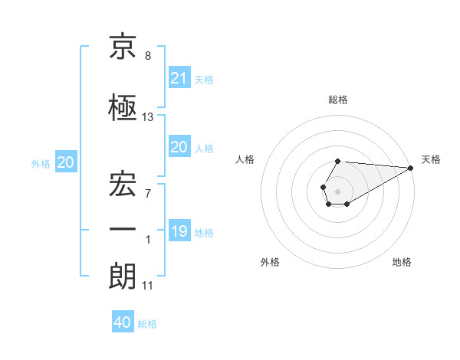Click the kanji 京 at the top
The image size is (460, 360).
coord(123,46)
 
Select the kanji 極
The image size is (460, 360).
coord(123,107)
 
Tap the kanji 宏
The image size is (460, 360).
coord(123,184)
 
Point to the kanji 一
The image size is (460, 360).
coord(123,229)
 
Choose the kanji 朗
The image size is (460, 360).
coord(123,277)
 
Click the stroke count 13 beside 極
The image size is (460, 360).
coord(147,117)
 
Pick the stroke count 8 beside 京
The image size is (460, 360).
coord(148,56)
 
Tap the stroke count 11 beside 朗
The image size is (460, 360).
coord(147,286)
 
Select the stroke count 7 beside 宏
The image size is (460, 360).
coord(148,194)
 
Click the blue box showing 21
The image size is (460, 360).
coord(179,77)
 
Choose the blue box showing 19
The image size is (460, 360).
coord(179,230)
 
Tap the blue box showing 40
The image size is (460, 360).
coord(123,321)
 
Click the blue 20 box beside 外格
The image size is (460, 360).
coord(66,162)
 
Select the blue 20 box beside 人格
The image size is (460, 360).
coord(179,146)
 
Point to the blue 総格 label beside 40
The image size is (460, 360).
coord(147,324)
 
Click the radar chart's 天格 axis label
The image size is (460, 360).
coord(431,159)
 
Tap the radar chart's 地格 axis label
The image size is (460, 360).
coord(402,262)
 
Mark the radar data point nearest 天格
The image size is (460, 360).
coord(411,168)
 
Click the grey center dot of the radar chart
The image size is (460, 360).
coord(337,191)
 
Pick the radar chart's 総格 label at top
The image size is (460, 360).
coord(338,100)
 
